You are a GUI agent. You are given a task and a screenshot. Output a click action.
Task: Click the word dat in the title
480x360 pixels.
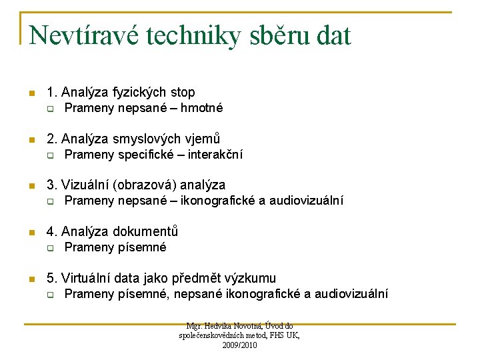332,36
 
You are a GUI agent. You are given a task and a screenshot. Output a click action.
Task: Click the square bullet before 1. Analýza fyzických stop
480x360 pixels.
29,93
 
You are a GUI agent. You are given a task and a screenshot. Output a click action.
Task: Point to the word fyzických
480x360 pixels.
137,92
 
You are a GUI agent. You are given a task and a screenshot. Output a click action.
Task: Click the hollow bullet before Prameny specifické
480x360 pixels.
49,155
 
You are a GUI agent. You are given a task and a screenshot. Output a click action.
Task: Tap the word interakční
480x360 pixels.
215,155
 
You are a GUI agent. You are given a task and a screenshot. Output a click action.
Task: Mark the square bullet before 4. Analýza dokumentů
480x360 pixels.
29,232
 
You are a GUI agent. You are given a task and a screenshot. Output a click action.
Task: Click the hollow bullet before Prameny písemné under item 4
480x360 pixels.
49,249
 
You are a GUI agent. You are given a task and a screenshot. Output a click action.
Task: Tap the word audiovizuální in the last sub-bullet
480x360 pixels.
351,294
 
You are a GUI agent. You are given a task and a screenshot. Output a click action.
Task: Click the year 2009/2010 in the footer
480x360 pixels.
239,345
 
